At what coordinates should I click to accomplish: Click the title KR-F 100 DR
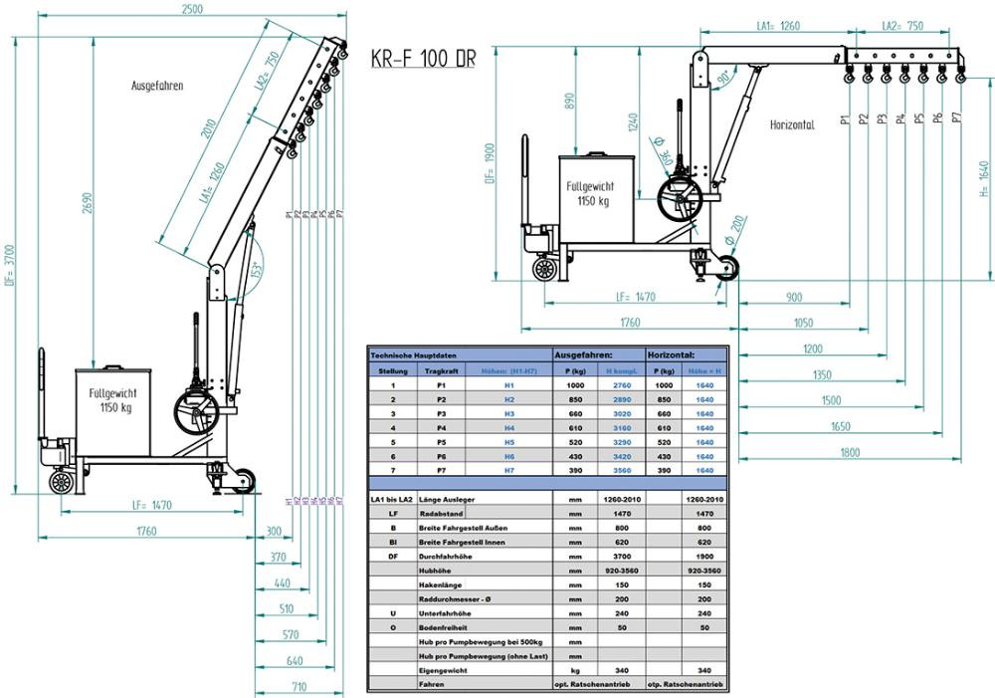(x=423, y=58)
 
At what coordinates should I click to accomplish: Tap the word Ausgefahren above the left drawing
(x=157, y=86)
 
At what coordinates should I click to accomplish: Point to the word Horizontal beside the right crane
(x=792, y=125)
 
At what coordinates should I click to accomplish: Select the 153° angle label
(x=256, y=268)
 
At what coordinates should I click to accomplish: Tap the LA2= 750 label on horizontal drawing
(x=901, y=27)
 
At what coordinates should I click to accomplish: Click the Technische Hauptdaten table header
(x=414, y=354)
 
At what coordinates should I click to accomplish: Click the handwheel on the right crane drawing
(x=684, y=200)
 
